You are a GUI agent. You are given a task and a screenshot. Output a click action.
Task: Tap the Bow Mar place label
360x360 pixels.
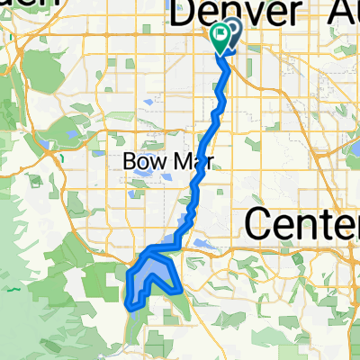pos(158,164)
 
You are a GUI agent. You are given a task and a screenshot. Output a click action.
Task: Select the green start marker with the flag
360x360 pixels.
pos(220,37)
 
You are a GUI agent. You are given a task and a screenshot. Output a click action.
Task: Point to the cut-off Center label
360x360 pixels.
pos(301,221)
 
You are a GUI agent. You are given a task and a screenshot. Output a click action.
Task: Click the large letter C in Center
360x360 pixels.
pos(257,221)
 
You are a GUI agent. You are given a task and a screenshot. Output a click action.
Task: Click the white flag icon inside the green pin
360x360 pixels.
pos(220,34)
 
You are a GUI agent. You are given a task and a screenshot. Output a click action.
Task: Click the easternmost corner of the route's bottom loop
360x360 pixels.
pos(182,291)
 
